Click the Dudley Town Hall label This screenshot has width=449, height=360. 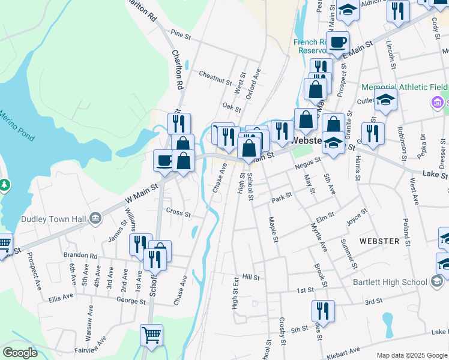pos(55,218)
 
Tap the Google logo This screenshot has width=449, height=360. pos(20,352)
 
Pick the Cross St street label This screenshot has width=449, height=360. pos(178,214)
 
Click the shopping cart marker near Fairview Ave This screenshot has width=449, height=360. pos(151,334)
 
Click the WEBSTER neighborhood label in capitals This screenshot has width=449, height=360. pos(379,241)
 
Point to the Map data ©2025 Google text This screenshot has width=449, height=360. pos(411,355)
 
